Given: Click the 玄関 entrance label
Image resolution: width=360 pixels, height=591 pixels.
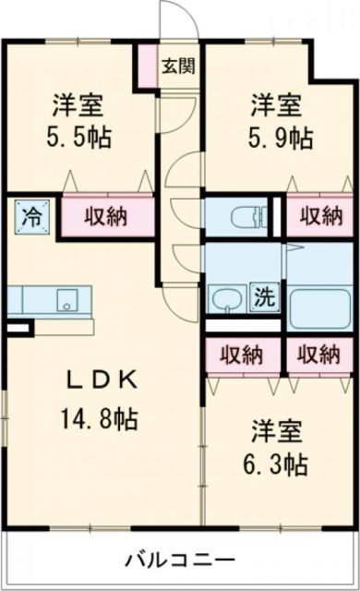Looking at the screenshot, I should click(x=179, y=66).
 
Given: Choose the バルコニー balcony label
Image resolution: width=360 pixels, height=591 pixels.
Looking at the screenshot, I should click(x=179, y=560).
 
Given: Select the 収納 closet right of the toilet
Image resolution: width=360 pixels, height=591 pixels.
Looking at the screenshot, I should click(x=319, y=218).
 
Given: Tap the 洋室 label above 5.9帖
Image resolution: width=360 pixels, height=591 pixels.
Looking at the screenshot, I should click(x=274, y=104).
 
